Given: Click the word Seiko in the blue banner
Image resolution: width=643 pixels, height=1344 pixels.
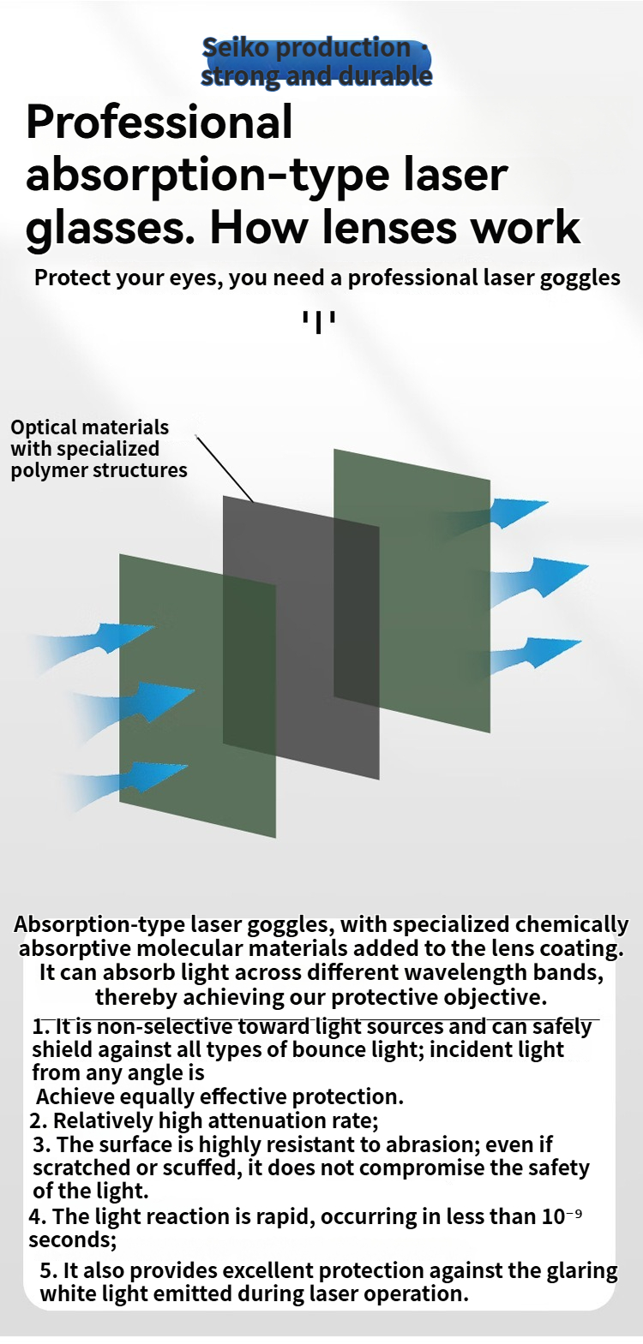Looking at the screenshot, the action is click(x=235, y=47).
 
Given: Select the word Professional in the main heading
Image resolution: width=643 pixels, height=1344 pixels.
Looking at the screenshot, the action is click(x=159, y=122).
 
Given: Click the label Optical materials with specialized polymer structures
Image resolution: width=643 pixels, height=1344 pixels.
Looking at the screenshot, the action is click(x=99, y=449).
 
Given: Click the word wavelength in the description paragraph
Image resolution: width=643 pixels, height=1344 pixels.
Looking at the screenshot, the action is click(x=464, y=972).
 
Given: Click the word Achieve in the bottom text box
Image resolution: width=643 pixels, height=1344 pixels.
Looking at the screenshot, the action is click(x=75, y=1096).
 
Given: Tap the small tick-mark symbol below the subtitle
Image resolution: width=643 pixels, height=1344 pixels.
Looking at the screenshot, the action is click(x=319, y=322).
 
